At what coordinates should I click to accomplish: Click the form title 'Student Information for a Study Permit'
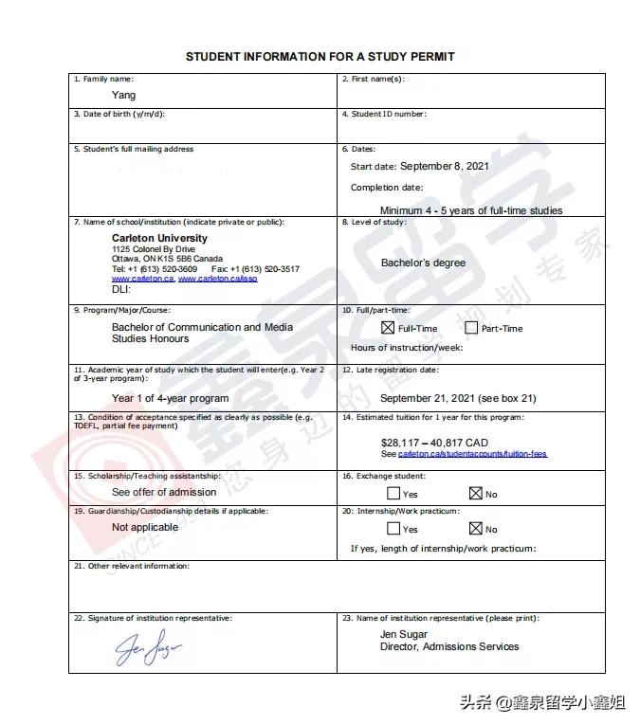click(320, 57)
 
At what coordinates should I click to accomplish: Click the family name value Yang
click(123, 95)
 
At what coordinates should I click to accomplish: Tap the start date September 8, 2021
click(445, 166)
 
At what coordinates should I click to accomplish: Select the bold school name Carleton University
click(159, 238)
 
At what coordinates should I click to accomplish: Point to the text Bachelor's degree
click(423, 263)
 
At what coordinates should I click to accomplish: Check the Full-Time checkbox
click(387, 328)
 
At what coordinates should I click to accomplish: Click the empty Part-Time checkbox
click(471, 328)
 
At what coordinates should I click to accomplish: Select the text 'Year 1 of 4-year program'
click(170, 399)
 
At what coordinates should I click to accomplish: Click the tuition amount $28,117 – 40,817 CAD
click(434, 443)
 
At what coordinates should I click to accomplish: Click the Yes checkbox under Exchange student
click(393, 493)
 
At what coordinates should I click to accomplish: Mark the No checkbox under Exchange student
click(476, 493)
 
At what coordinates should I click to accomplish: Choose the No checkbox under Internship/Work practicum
click(476, 528)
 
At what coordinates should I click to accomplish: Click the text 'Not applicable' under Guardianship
click(145, 527)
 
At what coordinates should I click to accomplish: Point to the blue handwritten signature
click(148, 647)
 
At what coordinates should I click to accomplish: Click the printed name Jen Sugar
click(404, 634)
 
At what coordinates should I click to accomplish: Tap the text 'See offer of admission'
click(164, 492)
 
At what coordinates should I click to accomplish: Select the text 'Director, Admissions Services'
click(449, 646)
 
